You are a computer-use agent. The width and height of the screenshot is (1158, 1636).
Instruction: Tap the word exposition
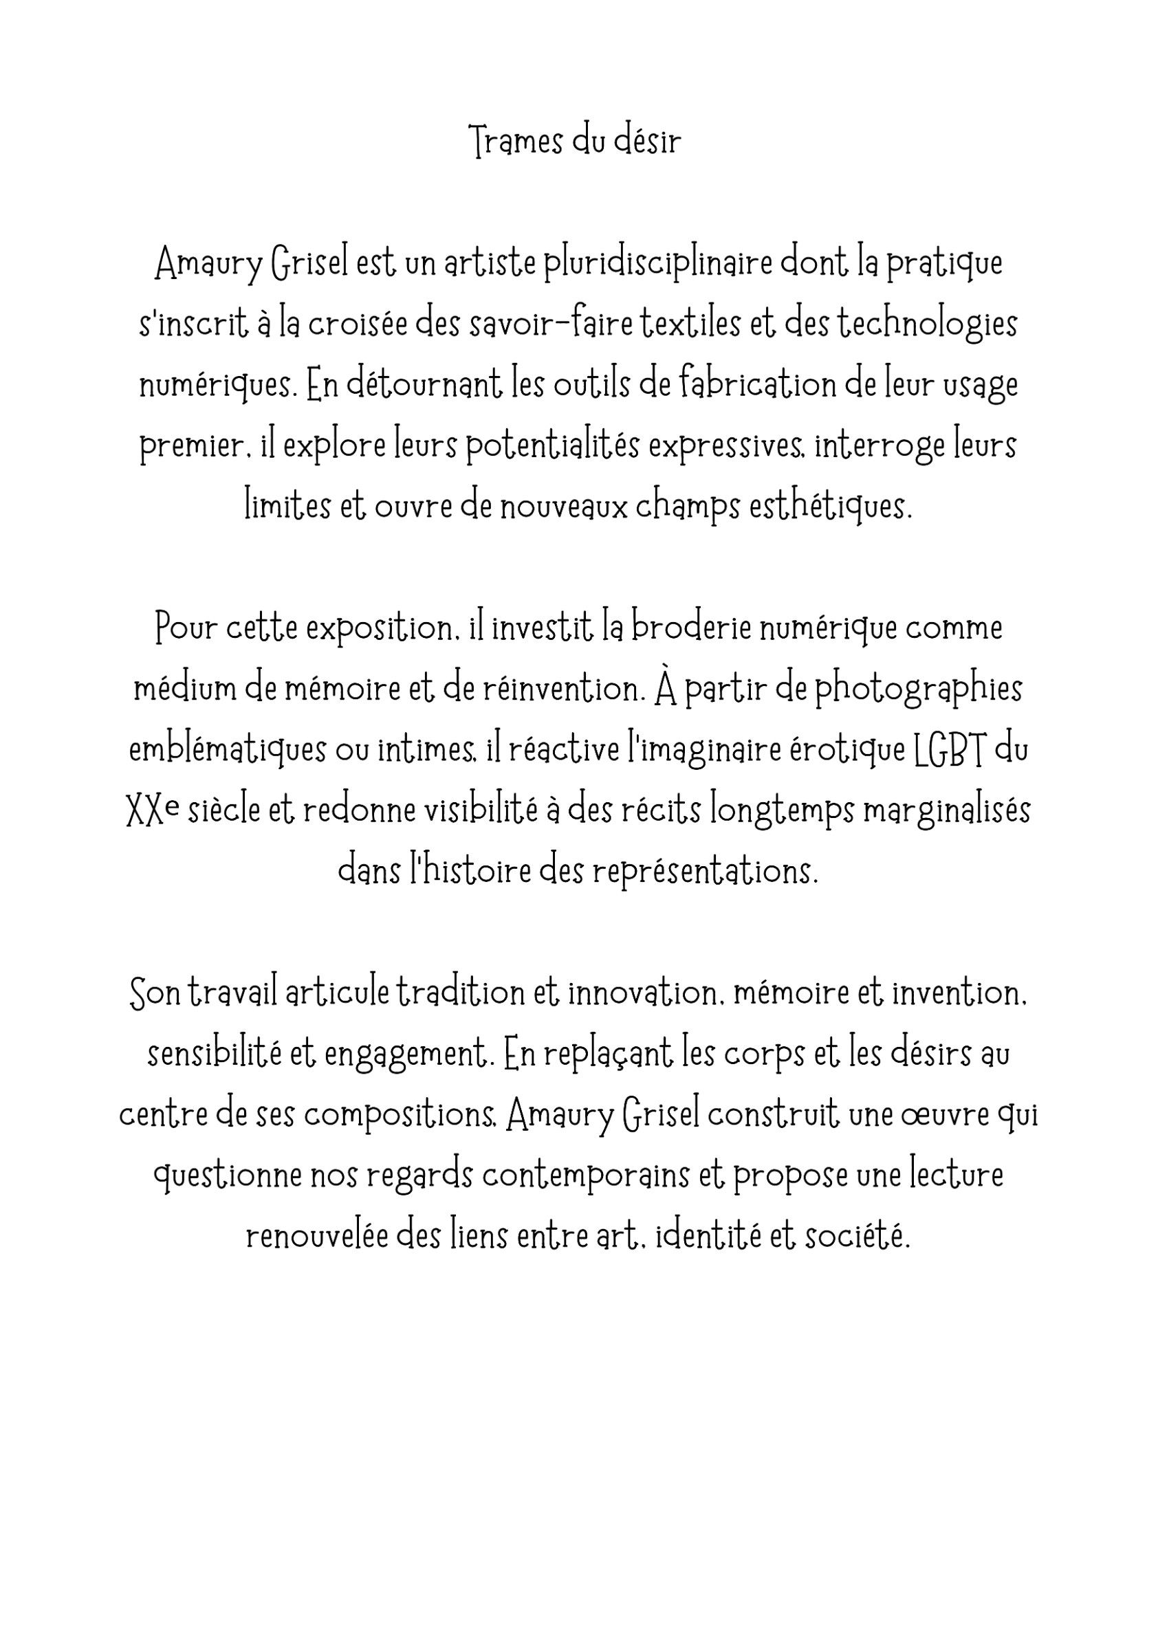coord(382,628)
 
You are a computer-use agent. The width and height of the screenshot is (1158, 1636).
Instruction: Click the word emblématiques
coord(227,750)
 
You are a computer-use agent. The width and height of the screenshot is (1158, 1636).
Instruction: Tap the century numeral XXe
coord(152,810)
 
